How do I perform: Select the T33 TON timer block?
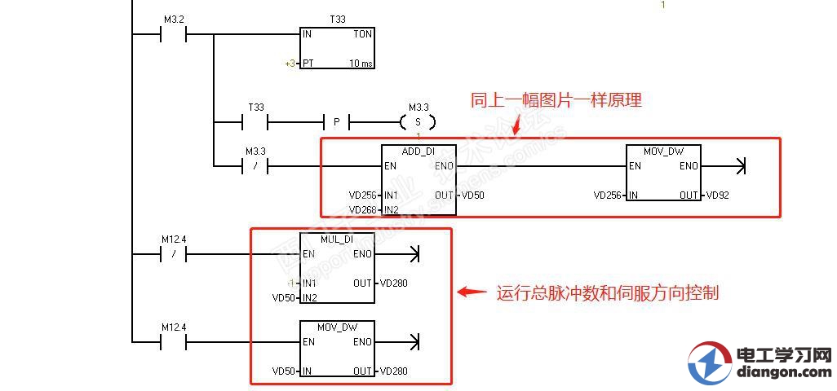pos(337,48)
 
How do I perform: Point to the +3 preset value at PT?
pos(290,63)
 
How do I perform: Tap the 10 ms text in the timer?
pos(360,63)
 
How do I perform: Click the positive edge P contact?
pos(336,122)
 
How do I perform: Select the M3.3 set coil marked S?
pos(418,122)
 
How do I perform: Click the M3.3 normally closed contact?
pos(255,166)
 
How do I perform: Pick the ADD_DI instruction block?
pos(418,180)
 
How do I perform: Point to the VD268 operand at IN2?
pos(362,209)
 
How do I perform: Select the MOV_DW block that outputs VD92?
pos(663,174)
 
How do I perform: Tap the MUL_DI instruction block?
pos(337,268)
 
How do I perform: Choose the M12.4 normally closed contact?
pos(174,254)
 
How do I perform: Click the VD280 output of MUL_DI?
pos(393,283)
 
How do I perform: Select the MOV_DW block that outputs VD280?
pos(337,349)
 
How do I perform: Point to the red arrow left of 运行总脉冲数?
pos(472,292)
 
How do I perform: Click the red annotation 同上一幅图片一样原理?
pos(556,100)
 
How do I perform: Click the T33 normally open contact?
pos(255,122)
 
